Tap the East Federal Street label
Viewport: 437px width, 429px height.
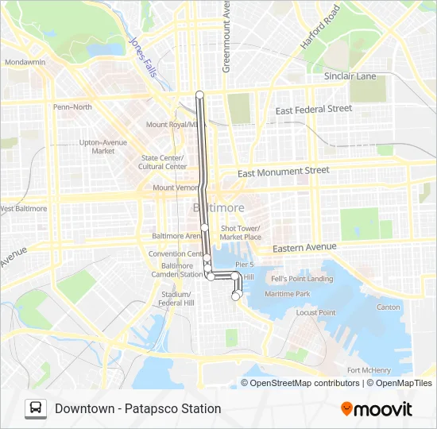click(x=313, y=110)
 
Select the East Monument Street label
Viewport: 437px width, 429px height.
click(x=284, y=171)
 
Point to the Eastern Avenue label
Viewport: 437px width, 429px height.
click(x=304, y=248)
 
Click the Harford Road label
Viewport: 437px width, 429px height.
click(x=320, y=27)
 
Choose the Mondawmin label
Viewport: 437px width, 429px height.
click(x=25, y=62)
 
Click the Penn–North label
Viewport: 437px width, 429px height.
click(x=72, y=106)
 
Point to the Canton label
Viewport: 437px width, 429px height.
click(x=389, y=307)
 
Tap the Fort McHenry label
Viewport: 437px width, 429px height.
click(x=369, y=370)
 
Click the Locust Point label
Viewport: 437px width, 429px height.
click(x=316, y=312)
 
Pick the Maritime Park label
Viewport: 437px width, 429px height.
click(x=288, y=294)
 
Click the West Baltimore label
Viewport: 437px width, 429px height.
click(x=24, y=209)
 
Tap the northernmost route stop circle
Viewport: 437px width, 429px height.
click(x=199, y=95)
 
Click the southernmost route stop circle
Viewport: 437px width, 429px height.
click(x=235, y=296)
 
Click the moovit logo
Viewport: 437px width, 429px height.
click(x=376, y=409)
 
